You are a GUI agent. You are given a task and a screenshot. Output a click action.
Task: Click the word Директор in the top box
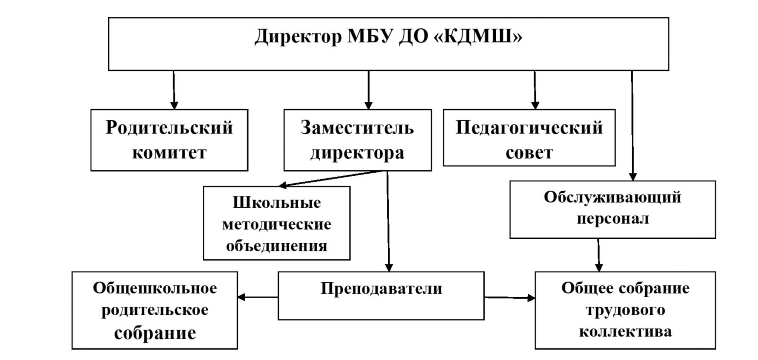pos(298,36)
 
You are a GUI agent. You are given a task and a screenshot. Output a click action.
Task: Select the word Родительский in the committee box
pos(169,128)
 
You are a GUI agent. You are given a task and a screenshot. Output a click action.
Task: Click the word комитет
pos(169,153)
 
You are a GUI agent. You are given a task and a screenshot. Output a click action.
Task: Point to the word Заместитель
pos(357,128)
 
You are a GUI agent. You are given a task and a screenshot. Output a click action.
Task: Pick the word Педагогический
pos(529,128)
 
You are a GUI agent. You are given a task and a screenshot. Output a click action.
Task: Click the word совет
pos(529,153)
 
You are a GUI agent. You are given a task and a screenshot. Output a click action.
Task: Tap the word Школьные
pos(277,203)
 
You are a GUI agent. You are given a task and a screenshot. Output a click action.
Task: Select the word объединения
pos(277,246)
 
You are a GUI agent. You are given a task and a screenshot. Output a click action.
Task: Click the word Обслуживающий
pos(612,197)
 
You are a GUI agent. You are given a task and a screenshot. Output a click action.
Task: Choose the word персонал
pos(612,219)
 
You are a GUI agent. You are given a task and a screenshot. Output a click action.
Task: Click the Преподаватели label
pos(381,288)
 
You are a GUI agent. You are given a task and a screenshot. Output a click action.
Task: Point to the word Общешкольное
pos(155,288)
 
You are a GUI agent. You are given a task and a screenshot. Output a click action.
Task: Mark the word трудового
pos(625,310)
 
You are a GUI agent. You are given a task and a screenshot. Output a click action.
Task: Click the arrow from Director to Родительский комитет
pos(174,90)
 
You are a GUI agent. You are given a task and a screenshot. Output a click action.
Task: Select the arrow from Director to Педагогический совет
pos(535,90)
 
